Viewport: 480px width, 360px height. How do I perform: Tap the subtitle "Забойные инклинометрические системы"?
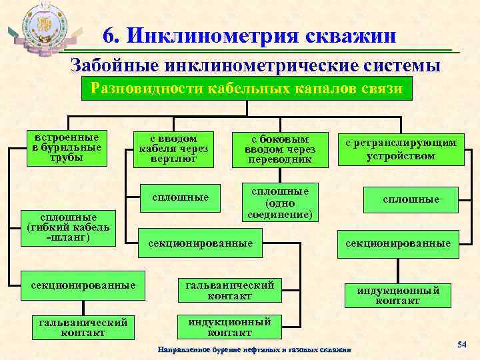coord(256,65)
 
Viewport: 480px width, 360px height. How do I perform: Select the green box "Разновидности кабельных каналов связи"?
coord(246,89)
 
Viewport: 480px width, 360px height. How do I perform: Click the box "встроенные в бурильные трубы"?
coord(66,147)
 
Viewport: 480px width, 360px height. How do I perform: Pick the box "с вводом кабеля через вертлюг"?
coord(173,147)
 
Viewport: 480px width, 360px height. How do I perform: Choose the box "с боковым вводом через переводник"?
coord(280,149)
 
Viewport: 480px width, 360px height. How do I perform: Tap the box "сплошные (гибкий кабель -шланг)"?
coord(66,227)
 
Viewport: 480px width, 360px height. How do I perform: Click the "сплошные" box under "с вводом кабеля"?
coord(181,197)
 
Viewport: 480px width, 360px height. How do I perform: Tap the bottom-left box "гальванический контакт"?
coord(85,327)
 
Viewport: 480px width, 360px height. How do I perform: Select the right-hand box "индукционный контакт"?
coord(398,295)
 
